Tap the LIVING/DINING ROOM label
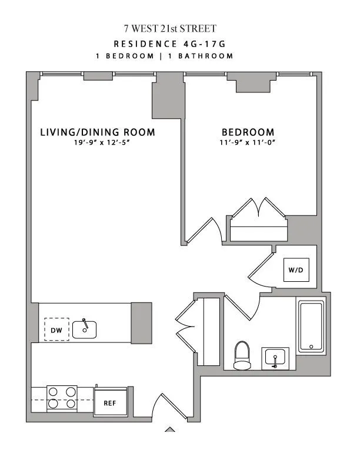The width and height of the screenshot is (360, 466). (98, 132)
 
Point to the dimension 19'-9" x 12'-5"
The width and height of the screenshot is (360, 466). (98, 144)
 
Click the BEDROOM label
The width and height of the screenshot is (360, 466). (248, 132)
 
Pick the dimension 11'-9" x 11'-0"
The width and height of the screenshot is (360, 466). (248, 144)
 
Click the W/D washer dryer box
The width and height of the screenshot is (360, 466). (296, 271)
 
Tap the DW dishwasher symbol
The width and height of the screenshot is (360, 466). (56, 330)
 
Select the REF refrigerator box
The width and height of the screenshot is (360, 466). (110, 403)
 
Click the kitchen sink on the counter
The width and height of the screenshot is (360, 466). (85, 328)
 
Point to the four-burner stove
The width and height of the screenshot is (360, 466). (62, 397)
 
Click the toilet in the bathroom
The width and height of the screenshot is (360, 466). (242, 355)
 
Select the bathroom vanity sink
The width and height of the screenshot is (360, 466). (275, 357)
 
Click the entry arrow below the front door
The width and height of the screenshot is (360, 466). (169, 429)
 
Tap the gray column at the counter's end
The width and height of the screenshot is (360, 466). (142, 323)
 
